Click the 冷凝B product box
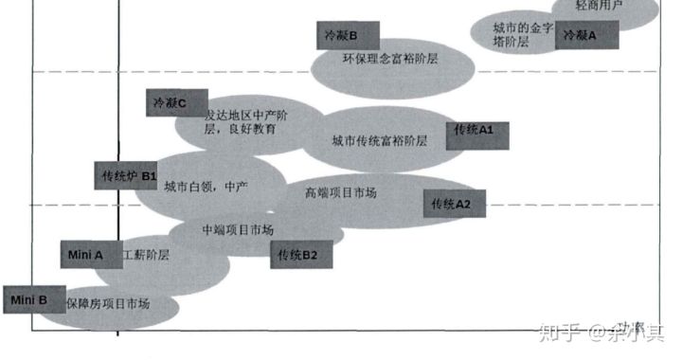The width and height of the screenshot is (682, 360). pos(348,37)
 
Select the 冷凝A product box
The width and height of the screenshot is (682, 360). pos(587,35)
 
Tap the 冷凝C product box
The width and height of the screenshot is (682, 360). pos(177,102)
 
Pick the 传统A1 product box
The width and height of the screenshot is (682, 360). pos(477,130)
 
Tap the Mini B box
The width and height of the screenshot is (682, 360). pos(31,300)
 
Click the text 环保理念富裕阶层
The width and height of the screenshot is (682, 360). pos(391,59)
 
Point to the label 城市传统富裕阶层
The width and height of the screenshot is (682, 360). pos(379,141)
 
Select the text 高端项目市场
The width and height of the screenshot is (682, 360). pos(340,193)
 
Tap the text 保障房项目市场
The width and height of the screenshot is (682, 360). pos(107,304)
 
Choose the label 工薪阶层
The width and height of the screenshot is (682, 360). pos(150,255)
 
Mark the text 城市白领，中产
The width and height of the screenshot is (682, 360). pos(206,188)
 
